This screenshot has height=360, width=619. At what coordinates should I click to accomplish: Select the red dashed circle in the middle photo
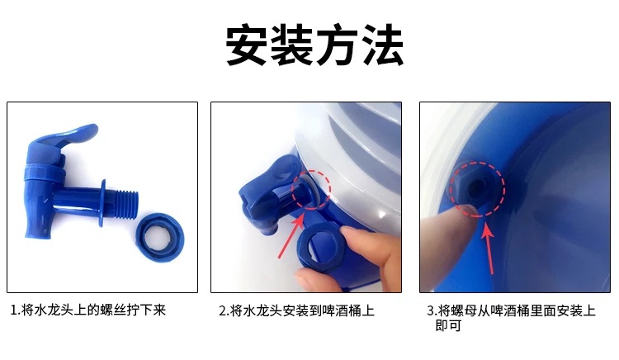click(311, 189)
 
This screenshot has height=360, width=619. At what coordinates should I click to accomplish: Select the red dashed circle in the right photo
click(476, 187)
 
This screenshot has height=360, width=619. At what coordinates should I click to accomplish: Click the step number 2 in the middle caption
click(222, 311)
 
